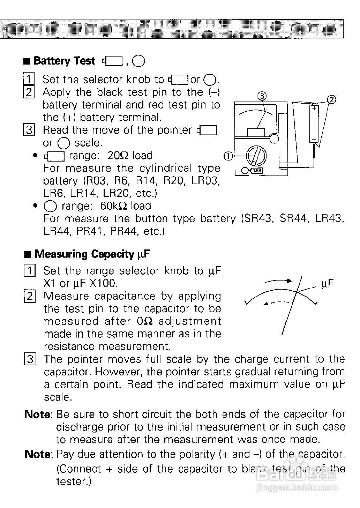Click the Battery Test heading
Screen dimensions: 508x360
click(x=64, y=61)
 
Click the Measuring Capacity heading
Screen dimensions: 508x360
click(x=84, y=254)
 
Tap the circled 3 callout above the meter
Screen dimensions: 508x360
click(x=262, y=95)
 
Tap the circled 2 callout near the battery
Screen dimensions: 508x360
click(x=332, y=100)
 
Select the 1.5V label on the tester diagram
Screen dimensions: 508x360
click(x=257, y=171)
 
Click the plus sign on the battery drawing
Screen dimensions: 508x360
click(x=314, y=108)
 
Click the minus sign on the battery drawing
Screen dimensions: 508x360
click(x=314, y=139)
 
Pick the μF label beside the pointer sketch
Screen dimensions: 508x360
click(x=327, y=283)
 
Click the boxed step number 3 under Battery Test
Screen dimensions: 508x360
click(x=29, y=130)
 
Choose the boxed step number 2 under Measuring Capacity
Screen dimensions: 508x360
click(x=30, y=296)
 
